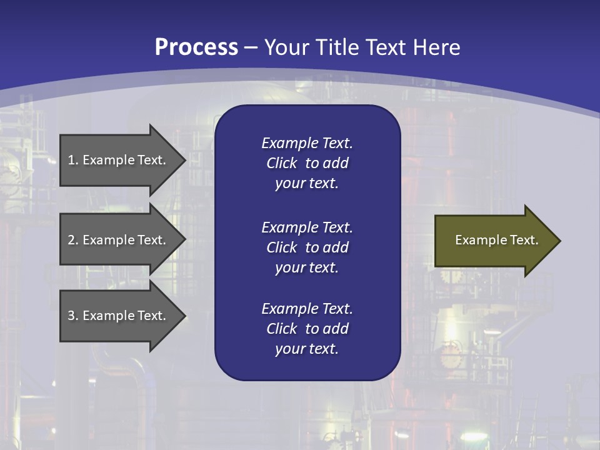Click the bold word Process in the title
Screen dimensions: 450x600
[x=196, y=47]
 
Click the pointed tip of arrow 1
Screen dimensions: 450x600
[x=183, y=160]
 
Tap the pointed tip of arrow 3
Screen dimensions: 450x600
[x=183, y=316]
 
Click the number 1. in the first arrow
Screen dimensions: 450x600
[x=73, y=160]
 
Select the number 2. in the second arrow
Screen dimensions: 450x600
[x=73, y=240]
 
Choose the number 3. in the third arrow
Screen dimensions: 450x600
[x=73, y=316]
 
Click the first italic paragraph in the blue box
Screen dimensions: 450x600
[x=307, y=163]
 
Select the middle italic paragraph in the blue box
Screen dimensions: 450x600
[x=307, y=247]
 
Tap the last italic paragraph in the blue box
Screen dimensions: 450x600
[x=307, y=329]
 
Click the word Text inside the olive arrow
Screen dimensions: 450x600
[x=524, y=240]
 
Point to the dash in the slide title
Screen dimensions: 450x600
[x=251, y=47]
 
